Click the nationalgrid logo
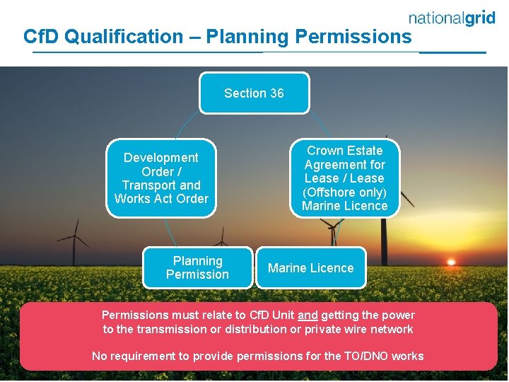[452, 18]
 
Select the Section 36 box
[254, 93]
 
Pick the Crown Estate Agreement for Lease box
[345, 178]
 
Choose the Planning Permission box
[197, 267]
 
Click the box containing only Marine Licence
[310, 267]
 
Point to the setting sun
[450, 262]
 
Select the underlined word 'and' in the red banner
[308, 315]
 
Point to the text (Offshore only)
[345, 192]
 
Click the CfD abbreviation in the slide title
[40, 36]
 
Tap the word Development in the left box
[161, 158]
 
